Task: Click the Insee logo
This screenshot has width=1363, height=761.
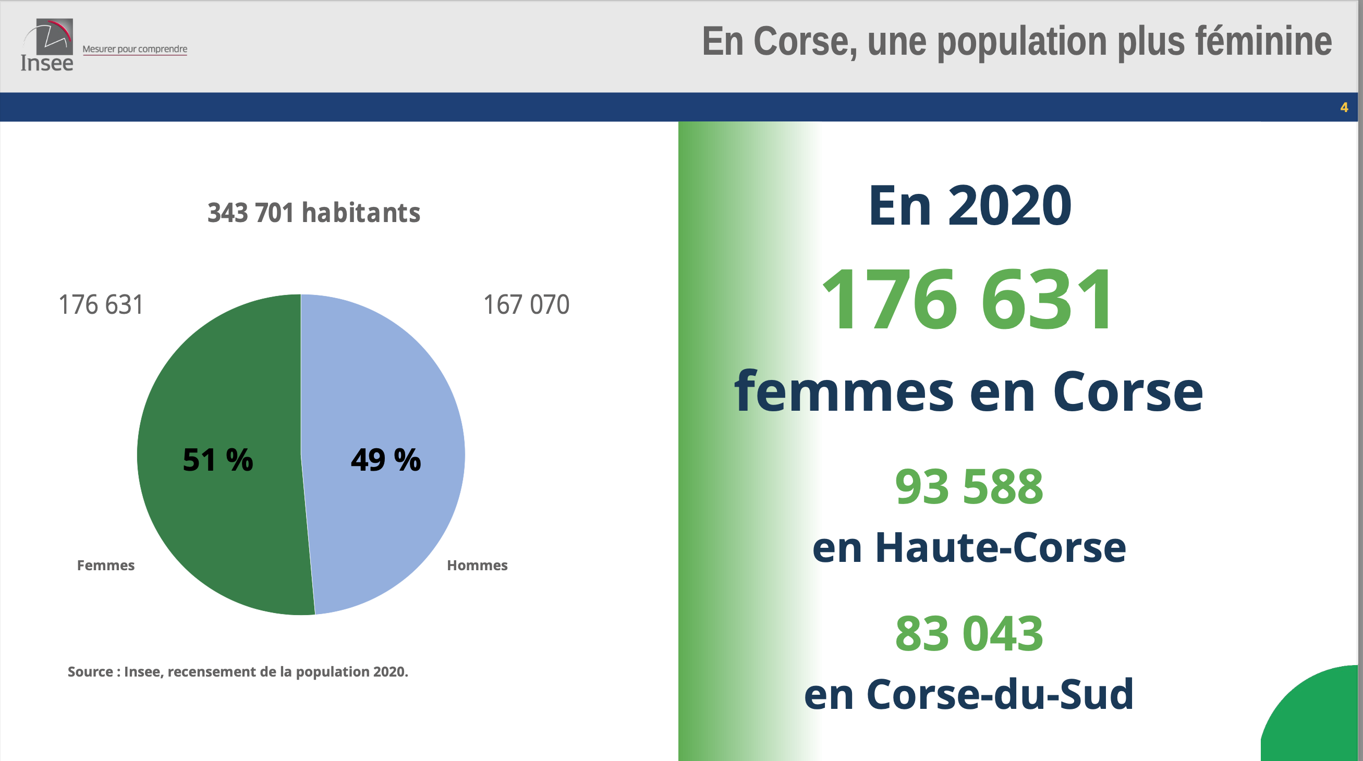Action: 47,45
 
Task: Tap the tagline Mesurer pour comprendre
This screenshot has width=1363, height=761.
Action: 135,49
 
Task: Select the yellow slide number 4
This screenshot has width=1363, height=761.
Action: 1344,107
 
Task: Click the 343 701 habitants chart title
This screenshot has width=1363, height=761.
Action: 314,213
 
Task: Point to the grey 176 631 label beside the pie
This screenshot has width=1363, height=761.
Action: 101,304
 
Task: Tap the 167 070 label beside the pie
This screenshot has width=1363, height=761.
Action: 526,304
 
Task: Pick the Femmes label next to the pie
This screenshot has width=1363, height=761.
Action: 106,566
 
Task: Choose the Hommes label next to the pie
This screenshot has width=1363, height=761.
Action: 477,566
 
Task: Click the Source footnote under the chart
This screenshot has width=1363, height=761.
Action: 238,672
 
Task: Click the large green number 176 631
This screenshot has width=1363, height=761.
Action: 968,300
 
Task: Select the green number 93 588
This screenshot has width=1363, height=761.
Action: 969,486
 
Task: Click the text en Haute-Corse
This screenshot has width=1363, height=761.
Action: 969,547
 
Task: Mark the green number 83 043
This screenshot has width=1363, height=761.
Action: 969,633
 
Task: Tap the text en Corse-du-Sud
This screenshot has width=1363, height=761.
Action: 969,694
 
